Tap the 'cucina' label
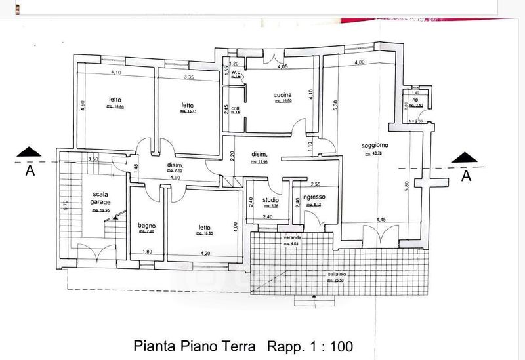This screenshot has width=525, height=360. (x=283, y=96)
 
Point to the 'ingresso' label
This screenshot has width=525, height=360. (x=310, y=197)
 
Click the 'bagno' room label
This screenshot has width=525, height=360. (x=146, y=226)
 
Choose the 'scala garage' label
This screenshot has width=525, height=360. (x=100, y=198)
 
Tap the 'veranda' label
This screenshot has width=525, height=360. (x=292, y=237)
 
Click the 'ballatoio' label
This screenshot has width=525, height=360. (x=335, y=275)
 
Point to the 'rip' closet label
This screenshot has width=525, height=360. (x=415, y=98)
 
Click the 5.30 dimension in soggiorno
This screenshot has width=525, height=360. (x=335, y=105)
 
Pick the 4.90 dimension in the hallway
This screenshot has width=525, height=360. (x=174, y=178)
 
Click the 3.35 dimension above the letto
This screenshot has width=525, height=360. (x=188, y=77)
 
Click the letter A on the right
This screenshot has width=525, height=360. (x=465, y=176)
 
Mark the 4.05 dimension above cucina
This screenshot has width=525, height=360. (x=283, y=66)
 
